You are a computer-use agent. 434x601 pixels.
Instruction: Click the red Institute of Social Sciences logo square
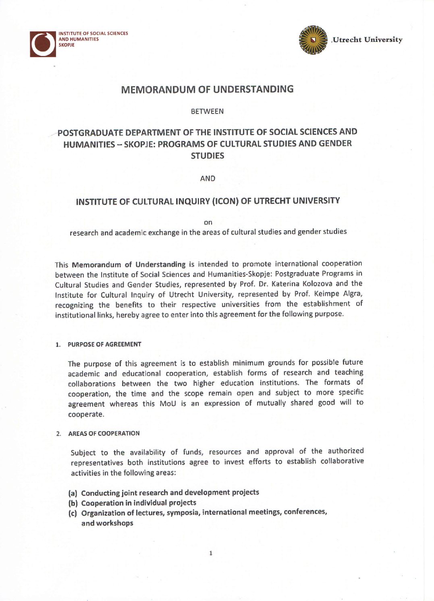43,44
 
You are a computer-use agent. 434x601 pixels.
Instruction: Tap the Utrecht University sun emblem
313,40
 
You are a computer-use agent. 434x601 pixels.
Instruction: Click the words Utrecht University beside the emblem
367,39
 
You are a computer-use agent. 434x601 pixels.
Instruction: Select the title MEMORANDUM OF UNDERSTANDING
207,89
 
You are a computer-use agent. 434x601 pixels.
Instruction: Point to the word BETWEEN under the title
207,111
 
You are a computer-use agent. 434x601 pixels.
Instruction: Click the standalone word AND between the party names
208,178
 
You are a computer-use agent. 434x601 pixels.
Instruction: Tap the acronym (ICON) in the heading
225,201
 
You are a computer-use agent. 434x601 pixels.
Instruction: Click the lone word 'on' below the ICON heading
208,222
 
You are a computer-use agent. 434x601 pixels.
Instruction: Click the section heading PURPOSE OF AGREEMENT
104,344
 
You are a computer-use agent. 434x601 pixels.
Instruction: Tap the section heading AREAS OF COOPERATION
104,434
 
